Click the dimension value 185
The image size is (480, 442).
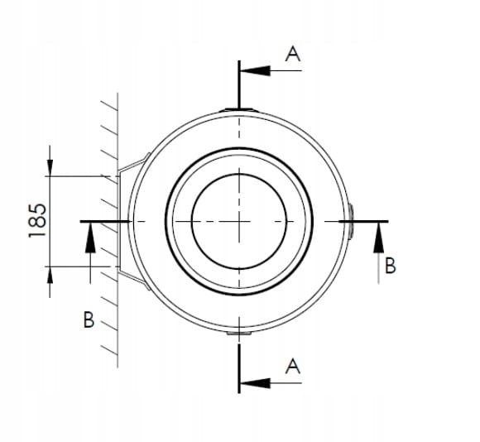(x=38, y=221)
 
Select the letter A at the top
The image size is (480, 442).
(x=292, y=54)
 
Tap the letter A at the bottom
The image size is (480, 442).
(x=292, y=365)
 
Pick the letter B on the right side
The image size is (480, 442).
(x=391, y=266)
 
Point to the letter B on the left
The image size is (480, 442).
(x=89, y=319)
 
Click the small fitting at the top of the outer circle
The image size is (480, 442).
(x=238, y=109)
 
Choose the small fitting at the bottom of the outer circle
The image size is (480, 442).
(x=238, y=334)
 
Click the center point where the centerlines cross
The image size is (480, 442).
(x=238, y=221)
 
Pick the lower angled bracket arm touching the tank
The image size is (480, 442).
(x=134, y=280)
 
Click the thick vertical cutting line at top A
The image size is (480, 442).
(x=238, y=83)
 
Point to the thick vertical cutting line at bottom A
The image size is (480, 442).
(x=238, y=364)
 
